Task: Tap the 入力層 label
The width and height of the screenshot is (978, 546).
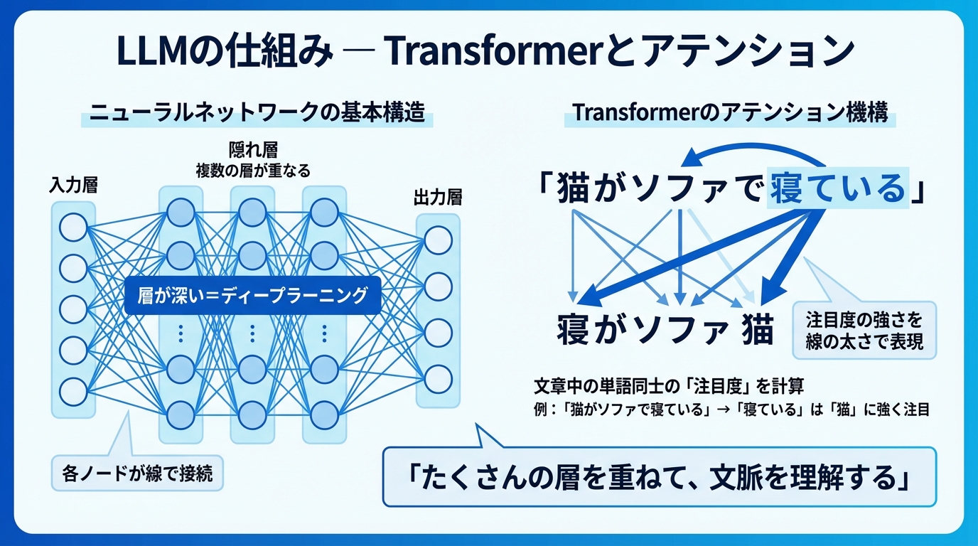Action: click(73, 186)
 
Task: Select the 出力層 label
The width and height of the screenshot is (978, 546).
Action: click(438, 197)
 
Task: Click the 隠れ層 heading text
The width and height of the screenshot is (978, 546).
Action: click(253, 151)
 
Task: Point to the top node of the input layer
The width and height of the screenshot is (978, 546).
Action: click(73, 228)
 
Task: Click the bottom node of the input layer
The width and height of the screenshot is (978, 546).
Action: click(73, 391)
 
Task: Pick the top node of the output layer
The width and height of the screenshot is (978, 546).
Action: click(439, 240)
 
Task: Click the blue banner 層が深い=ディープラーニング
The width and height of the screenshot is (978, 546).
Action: click(252, 295)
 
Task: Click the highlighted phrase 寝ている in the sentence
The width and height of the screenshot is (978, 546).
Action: click(839, 188)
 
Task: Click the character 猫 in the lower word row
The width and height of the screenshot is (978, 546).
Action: click(757, 331)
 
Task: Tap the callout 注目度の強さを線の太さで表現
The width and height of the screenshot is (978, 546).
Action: click(864, 330)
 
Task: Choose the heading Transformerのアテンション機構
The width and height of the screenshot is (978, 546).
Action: click(730, 114)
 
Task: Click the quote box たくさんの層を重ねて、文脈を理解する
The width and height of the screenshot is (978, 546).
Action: click(660, 477)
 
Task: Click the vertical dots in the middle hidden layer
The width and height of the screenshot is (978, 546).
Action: click(252, 332)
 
